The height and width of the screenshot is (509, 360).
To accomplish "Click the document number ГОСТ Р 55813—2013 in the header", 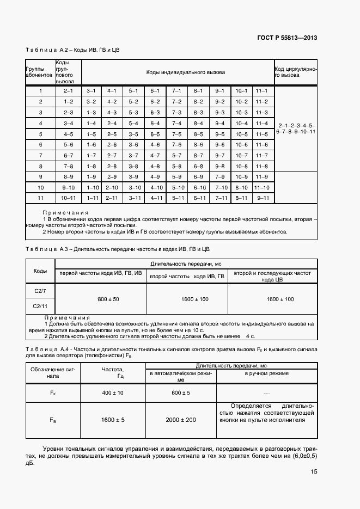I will point(286,38).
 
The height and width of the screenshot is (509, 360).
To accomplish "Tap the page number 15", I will point(314,472).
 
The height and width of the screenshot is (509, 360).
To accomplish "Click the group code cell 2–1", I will point(69,90).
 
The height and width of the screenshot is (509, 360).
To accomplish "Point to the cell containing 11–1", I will point(262,90).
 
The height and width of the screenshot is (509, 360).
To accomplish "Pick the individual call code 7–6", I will point(176,144).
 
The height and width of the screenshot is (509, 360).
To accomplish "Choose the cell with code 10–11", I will point(69,198).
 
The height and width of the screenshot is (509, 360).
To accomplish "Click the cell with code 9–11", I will point(262,198).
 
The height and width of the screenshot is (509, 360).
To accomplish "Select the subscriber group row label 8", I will point(40,166).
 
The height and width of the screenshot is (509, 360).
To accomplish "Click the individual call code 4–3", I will point(112,112).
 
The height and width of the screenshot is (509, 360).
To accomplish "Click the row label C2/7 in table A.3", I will point(40,291).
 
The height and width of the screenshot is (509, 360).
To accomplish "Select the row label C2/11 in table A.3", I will point(40,306).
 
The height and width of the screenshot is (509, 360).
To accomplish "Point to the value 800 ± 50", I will point(108,299).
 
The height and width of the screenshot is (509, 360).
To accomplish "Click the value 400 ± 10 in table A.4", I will point(112,393).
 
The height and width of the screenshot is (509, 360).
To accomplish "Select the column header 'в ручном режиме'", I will point(266,374).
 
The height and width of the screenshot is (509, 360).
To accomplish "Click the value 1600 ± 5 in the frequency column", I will point(112,420).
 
